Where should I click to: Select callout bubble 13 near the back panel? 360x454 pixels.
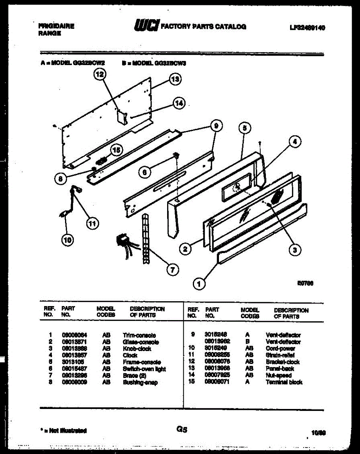[175, 79]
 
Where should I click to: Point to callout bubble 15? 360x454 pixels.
[116, 150]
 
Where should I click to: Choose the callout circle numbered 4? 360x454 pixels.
[295, 142]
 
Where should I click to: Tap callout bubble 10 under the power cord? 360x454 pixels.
[68, 240]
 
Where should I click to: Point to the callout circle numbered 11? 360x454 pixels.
[91, 224]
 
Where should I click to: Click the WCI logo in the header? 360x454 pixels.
[147, 26]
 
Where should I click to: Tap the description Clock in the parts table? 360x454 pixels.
[130, 355]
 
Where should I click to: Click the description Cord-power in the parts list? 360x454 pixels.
[281, 348]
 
